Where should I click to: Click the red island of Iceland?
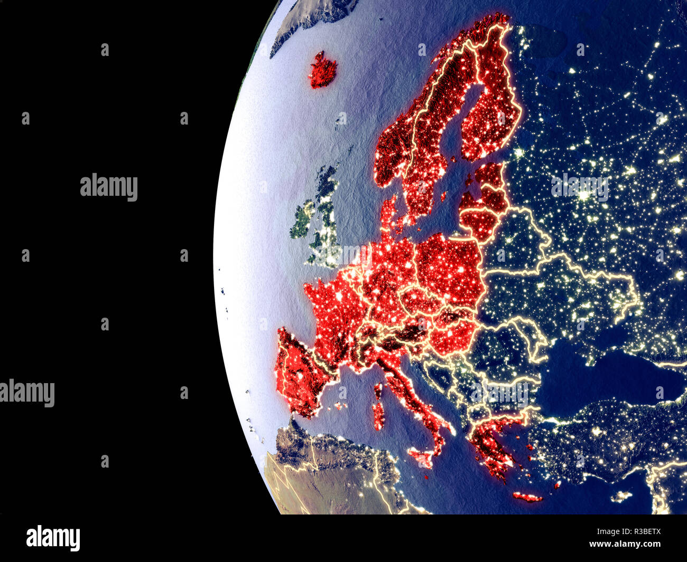(x=323, y=70)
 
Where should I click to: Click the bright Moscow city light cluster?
(x=583, y=196)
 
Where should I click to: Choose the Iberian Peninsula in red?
(x=299, y=372)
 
